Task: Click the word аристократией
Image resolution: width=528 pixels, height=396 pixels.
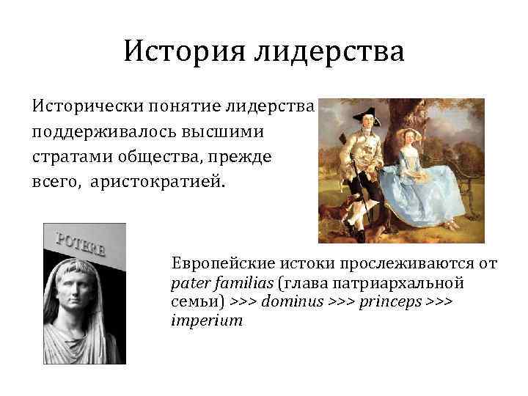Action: pos(155,180)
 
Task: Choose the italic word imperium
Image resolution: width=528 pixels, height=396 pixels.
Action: pos(206,321)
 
